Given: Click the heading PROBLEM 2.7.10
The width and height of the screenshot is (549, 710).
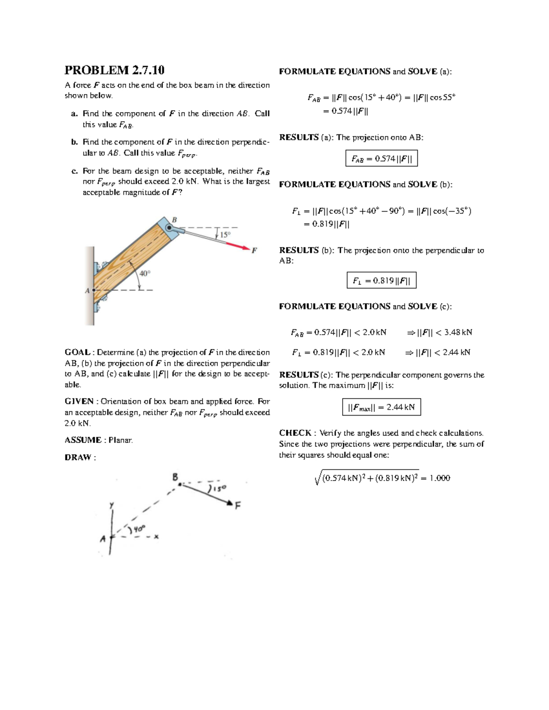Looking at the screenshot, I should [x=114, y=70].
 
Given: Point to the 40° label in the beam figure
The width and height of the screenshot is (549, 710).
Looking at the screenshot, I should [x=145, y=273].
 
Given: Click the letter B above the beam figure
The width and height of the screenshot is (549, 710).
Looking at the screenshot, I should [x=174, y=220].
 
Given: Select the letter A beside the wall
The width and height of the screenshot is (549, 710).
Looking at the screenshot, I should [x=87, y=290].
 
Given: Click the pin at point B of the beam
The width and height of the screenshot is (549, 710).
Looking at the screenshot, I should [x=169, y=228].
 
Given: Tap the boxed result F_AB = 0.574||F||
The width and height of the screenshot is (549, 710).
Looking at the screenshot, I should [x=381, y=159].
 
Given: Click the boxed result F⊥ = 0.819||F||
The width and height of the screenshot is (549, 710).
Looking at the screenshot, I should [x=381, y=281].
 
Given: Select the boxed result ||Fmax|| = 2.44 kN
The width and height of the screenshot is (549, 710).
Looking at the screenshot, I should [x=381, y=407].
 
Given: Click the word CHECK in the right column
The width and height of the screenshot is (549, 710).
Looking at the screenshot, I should [x=295, y=433].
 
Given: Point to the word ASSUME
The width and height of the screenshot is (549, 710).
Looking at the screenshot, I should [x=83, y=440].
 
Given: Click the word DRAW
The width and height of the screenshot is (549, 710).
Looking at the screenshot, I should [x=78, y=458].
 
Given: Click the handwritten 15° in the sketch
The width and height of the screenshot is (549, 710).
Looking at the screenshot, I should [x=218, y=489].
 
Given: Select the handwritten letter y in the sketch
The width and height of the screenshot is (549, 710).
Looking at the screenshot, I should [x=111, y=505].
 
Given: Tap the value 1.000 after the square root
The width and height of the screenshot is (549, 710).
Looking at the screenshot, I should [x=440, y=478].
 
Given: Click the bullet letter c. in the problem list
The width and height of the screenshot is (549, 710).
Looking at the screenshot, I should [x=74, y=171].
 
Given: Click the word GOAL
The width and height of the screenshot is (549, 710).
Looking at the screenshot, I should [x=77, y=352].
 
